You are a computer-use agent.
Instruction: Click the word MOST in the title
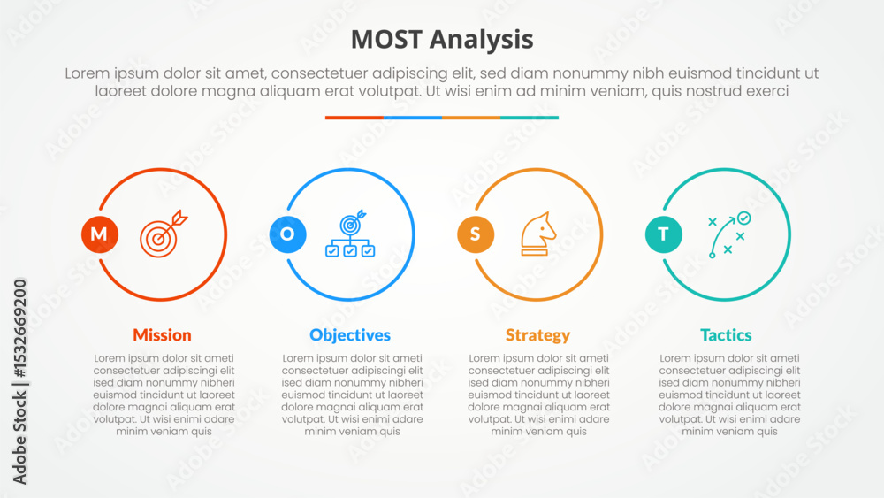pyautogui.click(x=386, y=40)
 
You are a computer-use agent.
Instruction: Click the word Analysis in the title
pyautogui.click(x=482, y=41)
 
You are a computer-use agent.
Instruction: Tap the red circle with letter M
pyautogui.click(x=100, y=234)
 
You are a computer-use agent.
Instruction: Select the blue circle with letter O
pyautogui.click(x=287, y=234)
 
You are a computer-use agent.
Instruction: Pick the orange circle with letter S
pyautogui.click(x=476, y=234)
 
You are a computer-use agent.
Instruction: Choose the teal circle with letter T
pyautogui.click(x=664, y=234)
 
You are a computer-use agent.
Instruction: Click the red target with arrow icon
pyautogui.click(x=164, y=234)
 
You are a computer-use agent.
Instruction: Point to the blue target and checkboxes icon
pyautogui.click(x=350, y=234)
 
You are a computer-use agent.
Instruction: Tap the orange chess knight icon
pyautogui.click(x=537, y=234)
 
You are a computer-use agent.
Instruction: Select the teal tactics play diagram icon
pyautogui.click(x=729, y=234)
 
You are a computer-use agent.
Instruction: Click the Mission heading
pyautogui.click(x=163, y=335)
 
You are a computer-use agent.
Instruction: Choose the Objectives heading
pyautogui.click(x=350, y=335)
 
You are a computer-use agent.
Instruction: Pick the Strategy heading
pyautogui.click(x=537, y=335)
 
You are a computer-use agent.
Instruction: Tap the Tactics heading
pyautogui.click(x=726, y=335)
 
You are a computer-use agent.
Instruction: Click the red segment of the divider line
pyautogui.click(x=354, y=118)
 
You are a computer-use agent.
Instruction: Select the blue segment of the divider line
pyautogui.click(x=413, y=118)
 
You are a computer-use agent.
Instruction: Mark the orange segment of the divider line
pyautogui.click(x=471, y=118)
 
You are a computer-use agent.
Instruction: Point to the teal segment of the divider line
pyautogui.click(x=530, y=118)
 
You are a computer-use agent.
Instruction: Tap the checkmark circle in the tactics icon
pyautogui.click(x=744, y=218)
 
